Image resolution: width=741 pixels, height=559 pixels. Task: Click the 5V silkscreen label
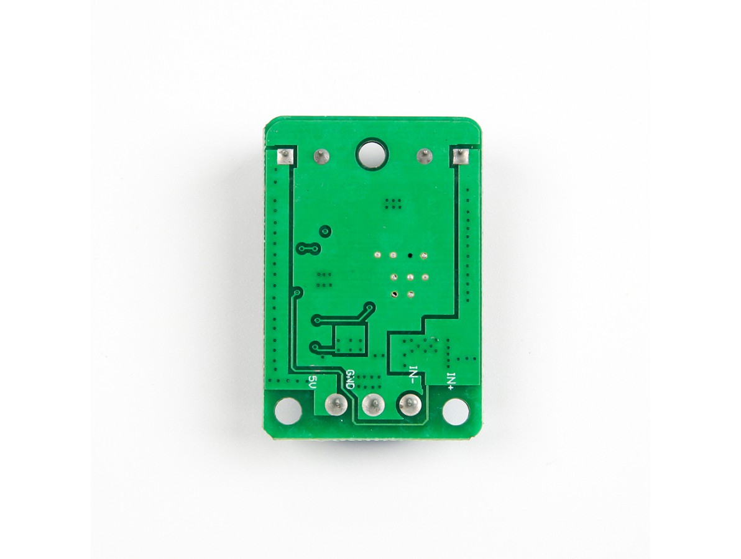(311, 381)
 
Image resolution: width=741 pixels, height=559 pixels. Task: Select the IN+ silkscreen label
(451, 381)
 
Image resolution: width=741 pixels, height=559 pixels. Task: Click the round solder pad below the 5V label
(336, 403)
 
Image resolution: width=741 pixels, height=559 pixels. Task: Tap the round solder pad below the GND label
(374, 404)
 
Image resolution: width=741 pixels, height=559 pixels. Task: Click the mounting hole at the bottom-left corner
(288, 411)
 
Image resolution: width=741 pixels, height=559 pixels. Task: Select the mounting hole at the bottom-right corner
(456, 411)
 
